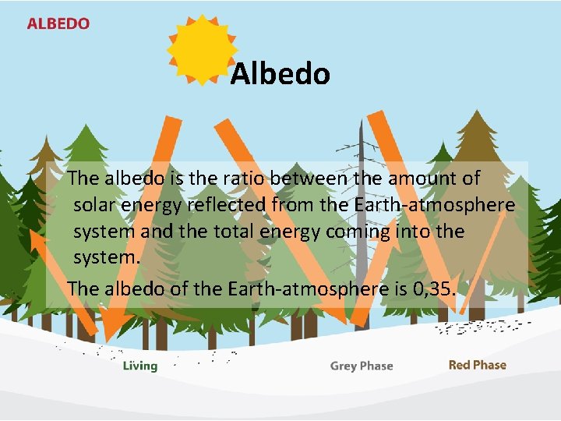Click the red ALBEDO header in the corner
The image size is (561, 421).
pyautogui.click(x=58, y=23)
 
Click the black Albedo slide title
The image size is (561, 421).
pyautogui.click(x=280, y=74)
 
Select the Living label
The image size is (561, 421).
pyautogui.click(x=140, y=366)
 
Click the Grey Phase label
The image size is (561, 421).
pyautogui.click(x=362, y=366)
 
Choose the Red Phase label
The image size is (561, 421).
pyautogui.click(x=478, y=365)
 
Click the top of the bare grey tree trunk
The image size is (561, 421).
pyautogui.click(x=360, y=122)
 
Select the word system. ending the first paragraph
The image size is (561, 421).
pyautogui.click(x=107, y=258)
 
